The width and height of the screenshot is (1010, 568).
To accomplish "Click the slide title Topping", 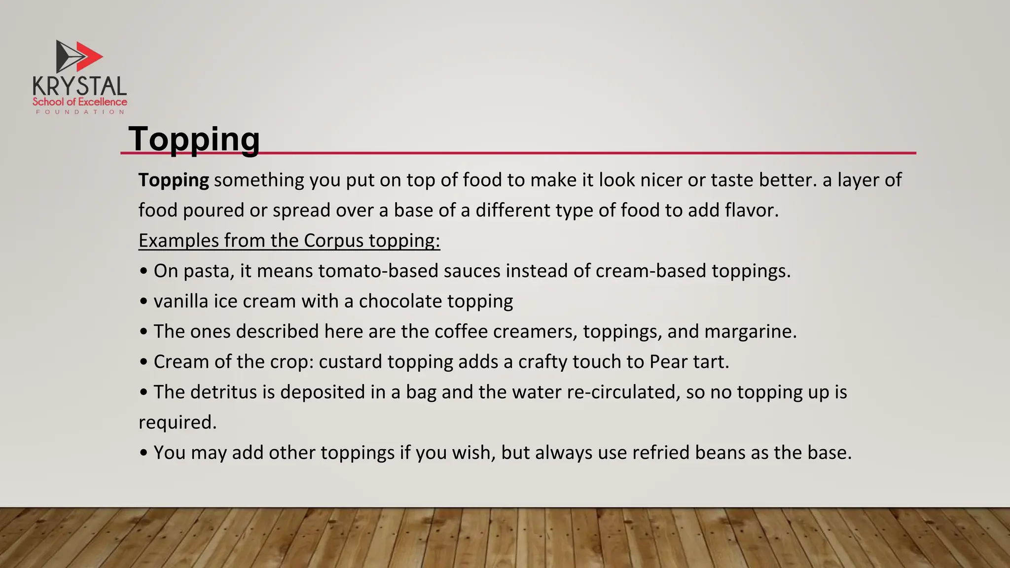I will pyautogui.click(x=194, y=139).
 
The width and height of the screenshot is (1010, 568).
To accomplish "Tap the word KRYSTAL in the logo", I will pyautogui.click(x=79, y=86).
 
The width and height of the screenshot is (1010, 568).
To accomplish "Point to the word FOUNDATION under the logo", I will pyautogui.click(x=80, y=112).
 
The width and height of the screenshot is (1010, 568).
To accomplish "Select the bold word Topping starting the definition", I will pyautogui.click(x=174, y=180).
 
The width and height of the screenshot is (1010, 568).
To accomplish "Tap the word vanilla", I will pyautogui.click(x=181, y=301).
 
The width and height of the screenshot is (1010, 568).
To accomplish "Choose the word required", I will pyautogui.click(x=177, y=423).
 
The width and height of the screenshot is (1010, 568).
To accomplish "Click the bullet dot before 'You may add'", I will pyautogui.click(x=144, y=453).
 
